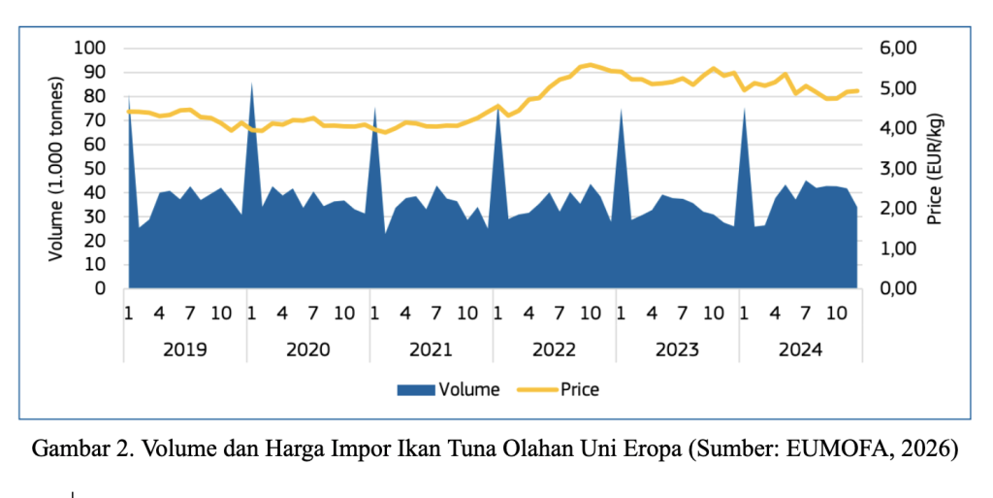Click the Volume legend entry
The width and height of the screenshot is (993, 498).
point(448,390)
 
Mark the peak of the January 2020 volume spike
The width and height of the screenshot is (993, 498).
point(251,83)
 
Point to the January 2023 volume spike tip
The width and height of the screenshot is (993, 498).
point(621,109)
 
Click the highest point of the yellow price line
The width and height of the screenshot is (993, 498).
point(591,64)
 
